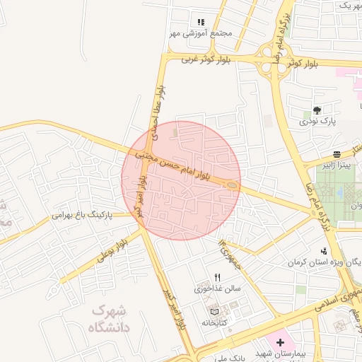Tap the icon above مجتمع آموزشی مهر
click(x=201, y=22)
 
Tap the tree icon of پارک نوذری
click(x=317, y=110)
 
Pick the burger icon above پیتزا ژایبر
click(x=337, y=153)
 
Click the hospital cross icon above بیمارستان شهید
click(x=281, y=342)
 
